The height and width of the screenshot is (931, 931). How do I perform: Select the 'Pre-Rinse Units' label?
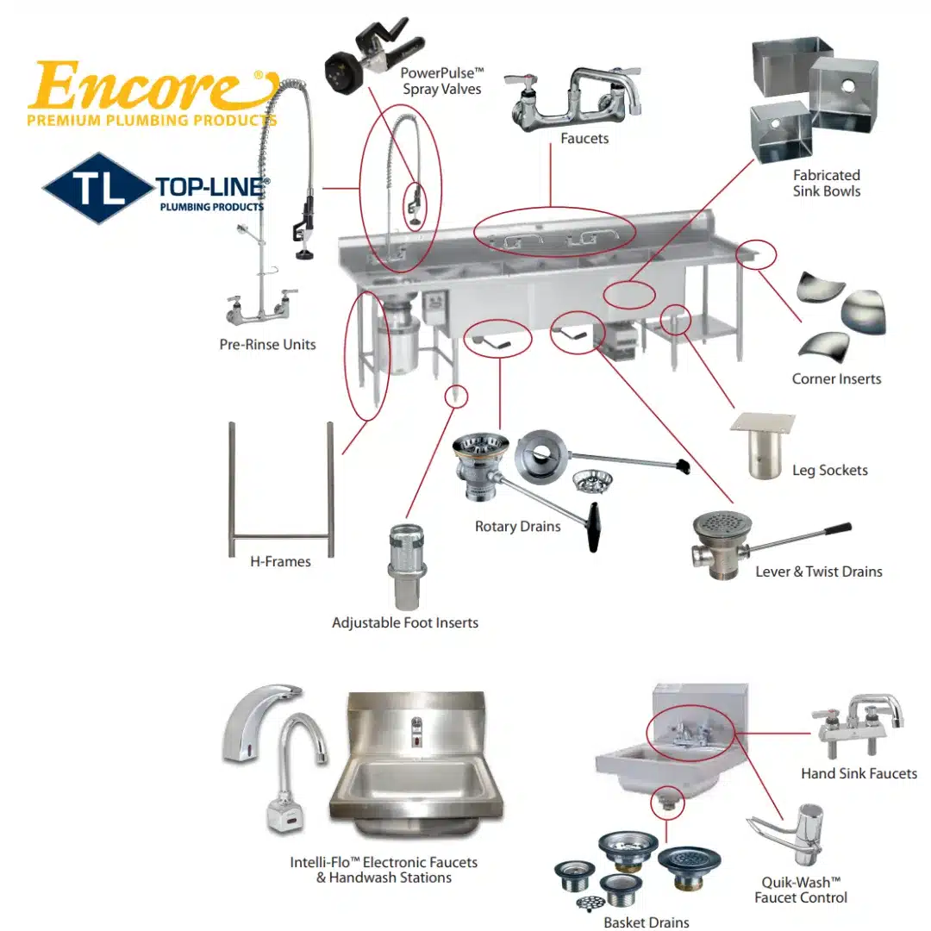point(267,345)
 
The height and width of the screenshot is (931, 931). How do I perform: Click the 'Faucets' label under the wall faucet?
point(584,138)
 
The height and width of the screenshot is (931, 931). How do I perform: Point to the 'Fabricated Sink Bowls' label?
point(826,183)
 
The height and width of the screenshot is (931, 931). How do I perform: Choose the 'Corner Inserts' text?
point(836,379)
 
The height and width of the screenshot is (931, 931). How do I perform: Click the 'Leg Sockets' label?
point(829,471)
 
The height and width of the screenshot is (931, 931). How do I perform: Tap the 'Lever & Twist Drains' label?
point(818,572)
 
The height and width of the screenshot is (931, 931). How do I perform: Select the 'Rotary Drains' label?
point(517,527)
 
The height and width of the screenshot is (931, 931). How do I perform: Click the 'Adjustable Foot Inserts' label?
point(404,622)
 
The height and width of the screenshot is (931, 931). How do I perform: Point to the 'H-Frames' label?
point(280,562)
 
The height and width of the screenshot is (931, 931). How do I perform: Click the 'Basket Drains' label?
point(646,922)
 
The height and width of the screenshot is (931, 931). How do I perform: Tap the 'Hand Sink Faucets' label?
point(859,774)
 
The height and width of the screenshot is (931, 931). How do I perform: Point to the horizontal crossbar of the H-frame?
point(281,537)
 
